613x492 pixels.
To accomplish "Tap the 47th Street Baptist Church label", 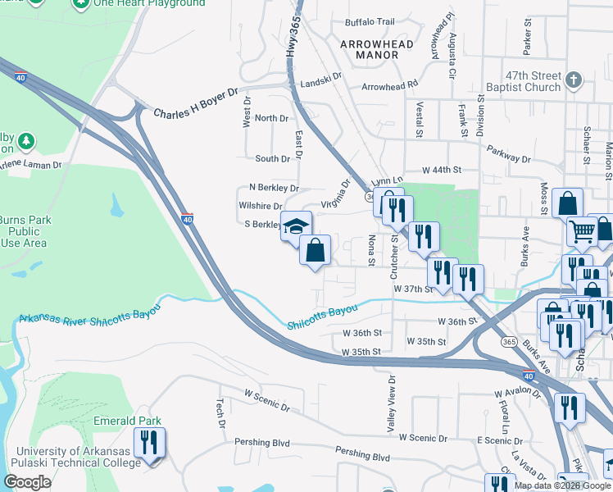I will [x=520, y=81].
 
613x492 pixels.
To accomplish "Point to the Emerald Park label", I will [x=138, y=421].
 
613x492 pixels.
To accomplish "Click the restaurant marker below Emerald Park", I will [x=150, y=444].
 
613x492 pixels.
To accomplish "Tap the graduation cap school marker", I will [x=296, y=225].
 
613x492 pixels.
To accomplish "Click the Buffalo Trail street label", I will [x=370, y=22].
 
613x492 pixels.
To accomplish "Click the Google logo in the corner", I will [x=27, y=482].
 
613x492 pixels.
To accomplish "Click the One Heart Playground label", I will [x=149, y=3].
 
